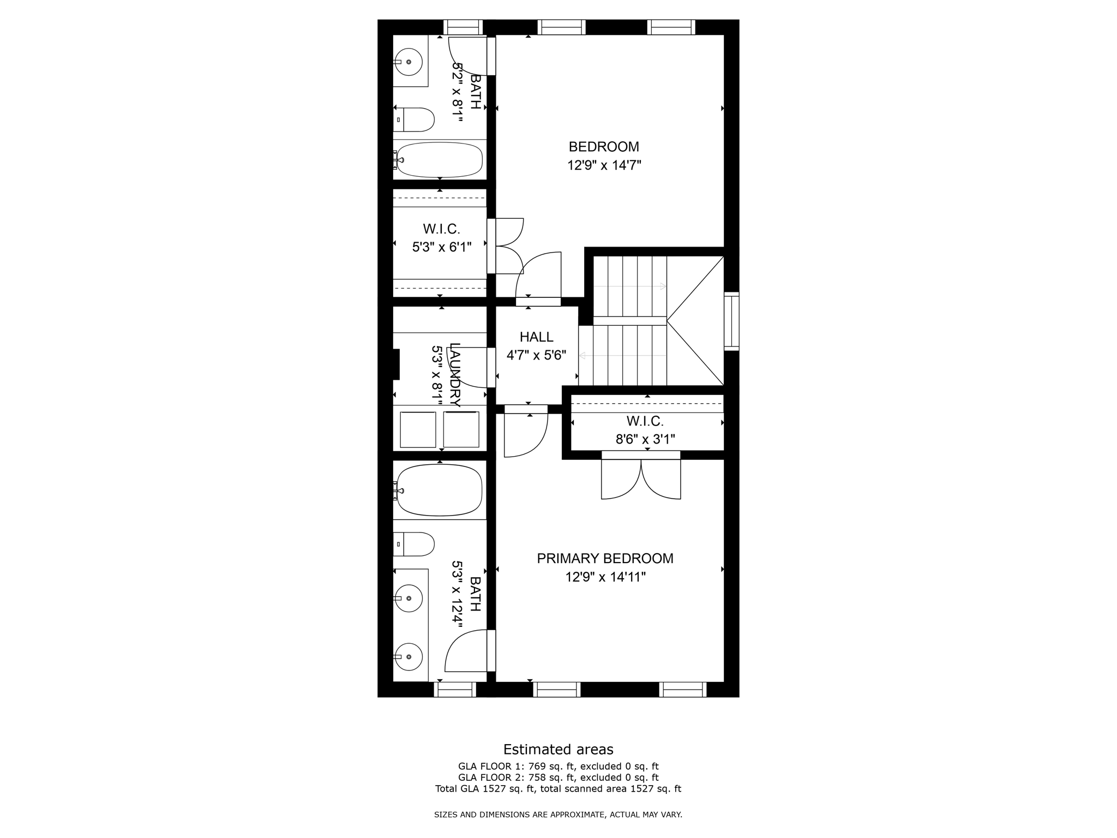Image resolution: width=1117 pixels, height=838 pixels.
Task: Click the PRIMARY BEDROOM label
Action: pos(605,559)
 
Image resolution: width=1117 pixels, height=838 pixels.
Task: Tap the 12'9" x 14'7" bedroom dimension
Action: pos(604,165)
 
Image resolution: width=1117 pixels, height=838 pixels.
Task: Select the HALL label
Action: pos(536,337)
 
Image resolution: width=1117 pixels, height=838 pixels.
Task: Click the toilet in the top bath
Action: pos(414,119)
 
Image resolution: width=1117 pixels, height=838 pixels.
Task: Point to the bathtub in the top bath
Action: pos(440,160)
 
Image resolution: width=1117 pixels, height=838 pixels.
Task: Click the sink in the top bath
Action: pos(409,62)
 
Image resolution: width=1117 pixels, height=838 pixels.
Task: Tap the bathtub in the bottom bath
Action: pos(440,490)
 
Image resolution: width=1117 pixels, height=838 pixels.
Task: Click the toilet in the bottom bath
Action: pos(414,544)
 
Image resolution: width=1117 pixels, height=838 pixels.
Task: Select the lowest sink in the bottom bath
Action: pos(409,656)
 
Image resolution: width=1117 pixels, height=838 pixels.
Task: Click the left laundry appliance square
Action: pos(418,430)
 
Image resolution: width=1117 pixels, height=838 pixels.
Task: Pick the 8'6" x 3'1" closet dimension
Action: pos(645,439)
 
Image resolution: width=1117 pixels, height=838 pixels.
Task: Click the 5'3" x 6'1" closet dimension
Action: pos(441,247)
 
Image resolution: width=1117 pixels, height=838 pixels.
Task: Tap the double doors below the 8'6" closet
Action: pos(641,478)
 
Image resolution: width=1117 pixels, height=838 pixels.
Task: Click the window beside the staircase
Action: pos(731,321)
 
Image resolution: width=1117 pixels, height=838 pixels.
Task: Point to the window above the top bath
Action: pos(463,27)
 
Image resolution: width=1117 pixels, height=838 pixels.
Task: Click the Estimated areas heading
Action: pos(558,749)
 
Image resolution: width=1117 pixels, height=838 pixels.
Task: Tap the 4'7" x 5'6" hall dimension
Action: pos(536,356)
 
